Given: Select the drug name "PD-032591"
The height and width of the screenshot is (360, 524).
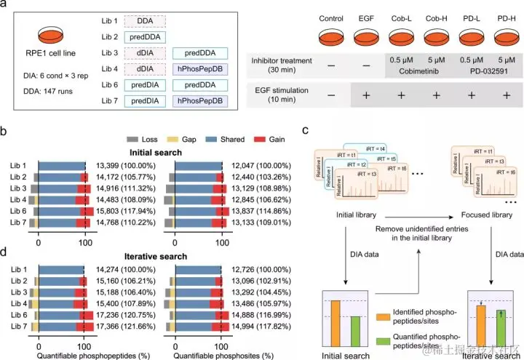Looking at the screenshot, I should pyautogui.click(x=480, y=71).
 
